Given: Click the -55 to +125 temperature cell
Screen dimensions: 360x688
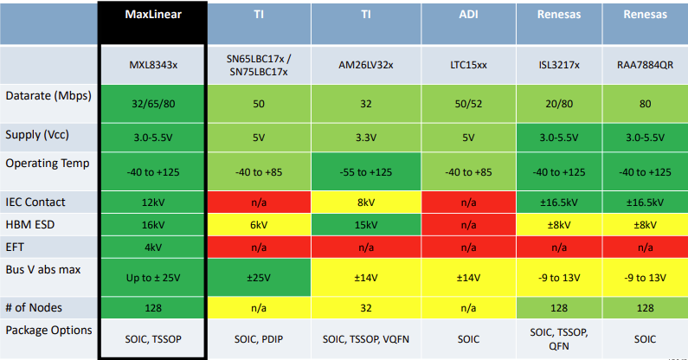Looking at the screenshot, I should point(366,172).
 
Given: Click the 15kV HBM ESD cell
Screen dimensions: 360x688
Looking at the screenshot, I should point(366,224).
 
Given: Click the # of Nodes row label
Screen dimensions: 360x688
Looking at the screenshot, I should point(34,307).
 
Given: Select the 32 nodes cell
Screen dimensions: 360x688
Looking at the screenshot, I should point(366,307).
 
